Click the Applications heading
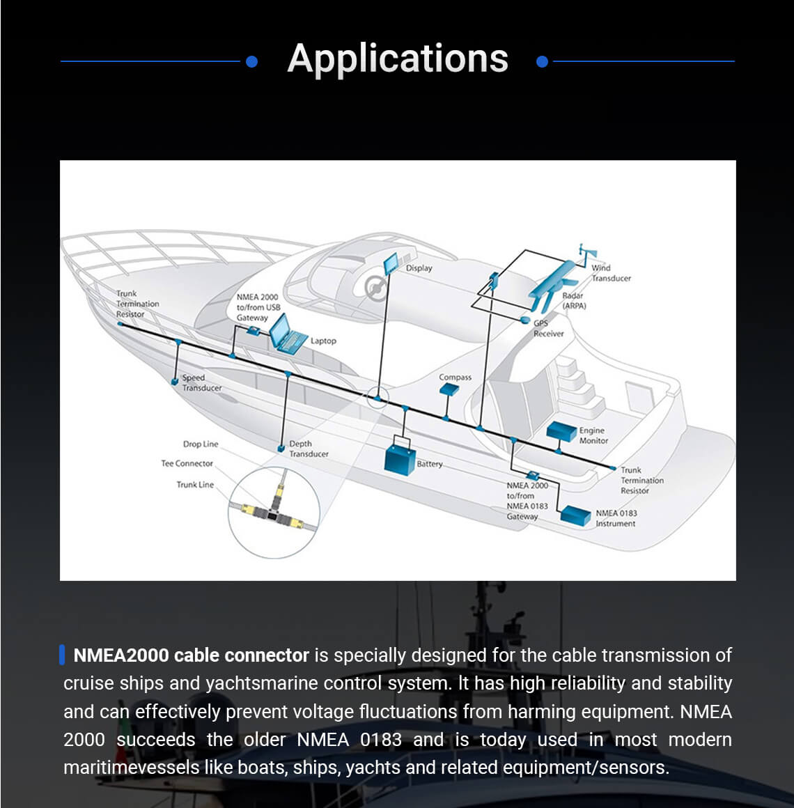coord(398,59)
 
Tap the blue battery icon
coord(400,458)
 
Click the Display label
coord(419,268)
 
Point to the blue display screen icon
coord(391,264)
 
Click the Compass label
coord(455,377)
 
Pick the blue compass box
coord(449,390)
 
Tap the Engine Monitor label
coord(593,435)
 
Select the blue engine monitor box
coord(561,431)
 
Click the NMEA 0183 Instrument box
coord(575,515)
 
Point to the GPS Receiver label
coord(548,328)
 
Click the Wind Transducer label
coord(610,273)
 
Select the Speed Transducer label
coord(201,382)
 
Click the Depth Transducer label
coord(309,449)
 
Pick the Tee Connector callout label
coord(187,463)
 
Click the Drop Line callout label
coord(200,444)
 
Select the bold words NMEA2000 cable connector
coord(191,655)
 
